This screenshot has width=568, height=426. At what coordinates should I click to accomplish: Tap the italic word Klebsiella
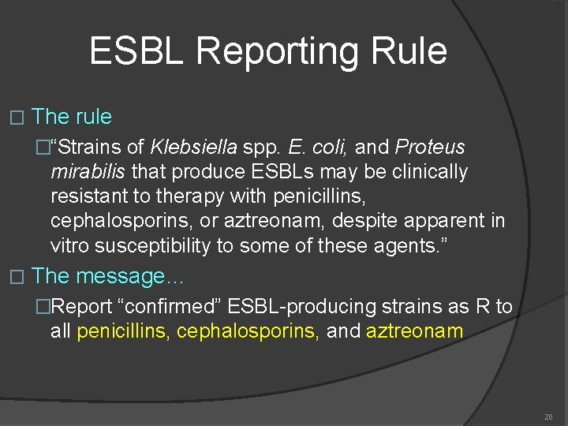coord(192,147)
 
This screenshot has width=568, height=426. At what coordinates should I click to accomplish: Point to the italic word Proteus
coord(429,147)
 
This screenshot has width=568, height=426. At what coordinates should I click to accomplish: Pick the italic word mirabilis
coord(88,171)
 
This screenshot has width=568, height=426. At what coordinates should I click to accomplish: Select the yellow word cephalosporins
coord(248,331)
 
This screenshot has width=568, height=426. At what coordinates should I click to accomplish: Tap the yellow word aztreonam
coord(414,331)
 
